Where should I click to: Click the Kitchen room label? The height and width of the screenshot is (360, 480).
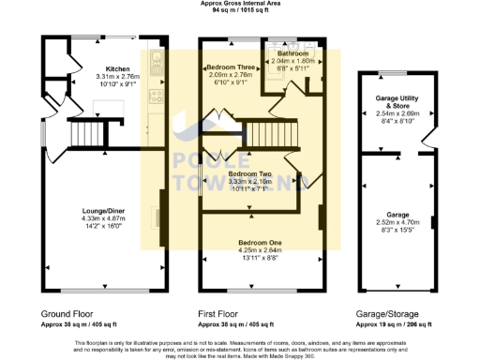point(118,69)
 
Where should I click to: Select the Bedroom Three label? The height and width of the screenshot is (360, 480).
point(231,68)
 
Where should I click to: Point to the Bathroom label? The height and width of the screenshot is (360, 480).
point(292,54)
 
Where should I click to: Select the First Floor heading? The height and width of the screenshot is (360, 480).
point(223,313)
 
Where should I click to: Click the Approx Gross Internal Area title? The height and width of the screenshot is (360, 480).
point(240,3)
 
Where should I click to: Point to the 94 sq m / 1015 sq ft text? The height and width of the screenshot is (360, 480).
point(240,10)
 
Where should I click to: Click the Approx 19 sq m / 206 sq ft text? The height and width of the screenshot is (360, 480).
point(393,324)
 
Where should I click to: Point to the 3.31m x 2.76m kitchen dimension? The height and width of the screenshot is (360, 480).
point(118,77)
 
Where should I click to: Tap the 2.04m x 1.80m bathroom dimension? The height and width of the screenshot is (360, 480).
point(292,61)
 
